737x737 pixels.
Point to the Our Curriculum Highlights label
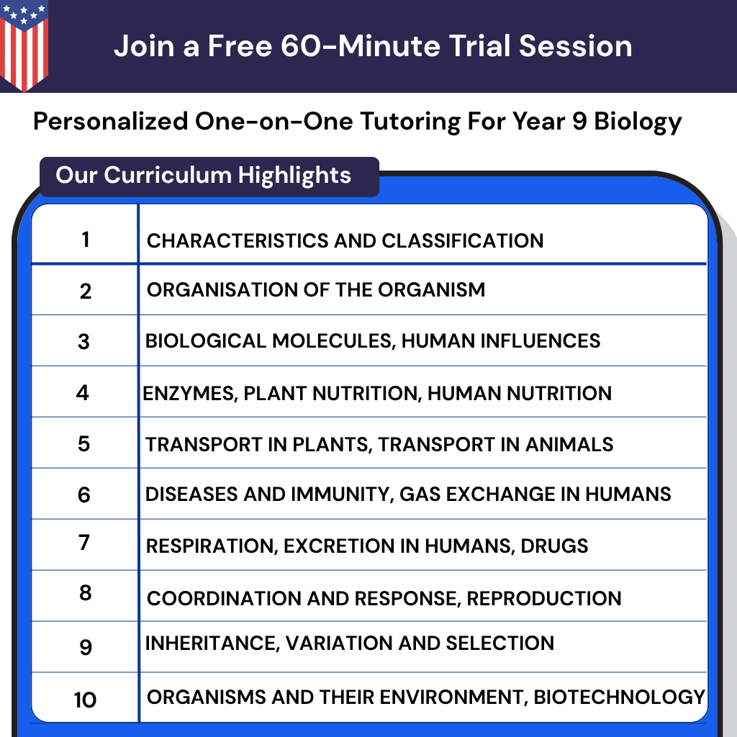coord(204,176)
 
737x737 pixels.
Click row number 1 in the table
coord(86,239)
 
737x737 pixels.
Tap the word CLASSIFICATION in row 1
coord(463,240)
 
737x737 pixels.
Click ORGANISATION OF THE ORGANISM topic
coord(316,290)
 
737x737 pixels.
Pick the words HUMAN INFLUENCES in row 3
coord(501,340)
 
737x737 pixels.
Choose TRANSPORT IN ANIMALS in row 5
coord(496,444)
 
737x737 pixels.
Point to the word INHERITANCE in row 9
coord(209,643)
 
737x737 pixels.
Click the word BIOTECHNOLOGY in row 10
coord(619,697)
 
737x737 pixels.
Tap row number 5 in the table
coord(84,443)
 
